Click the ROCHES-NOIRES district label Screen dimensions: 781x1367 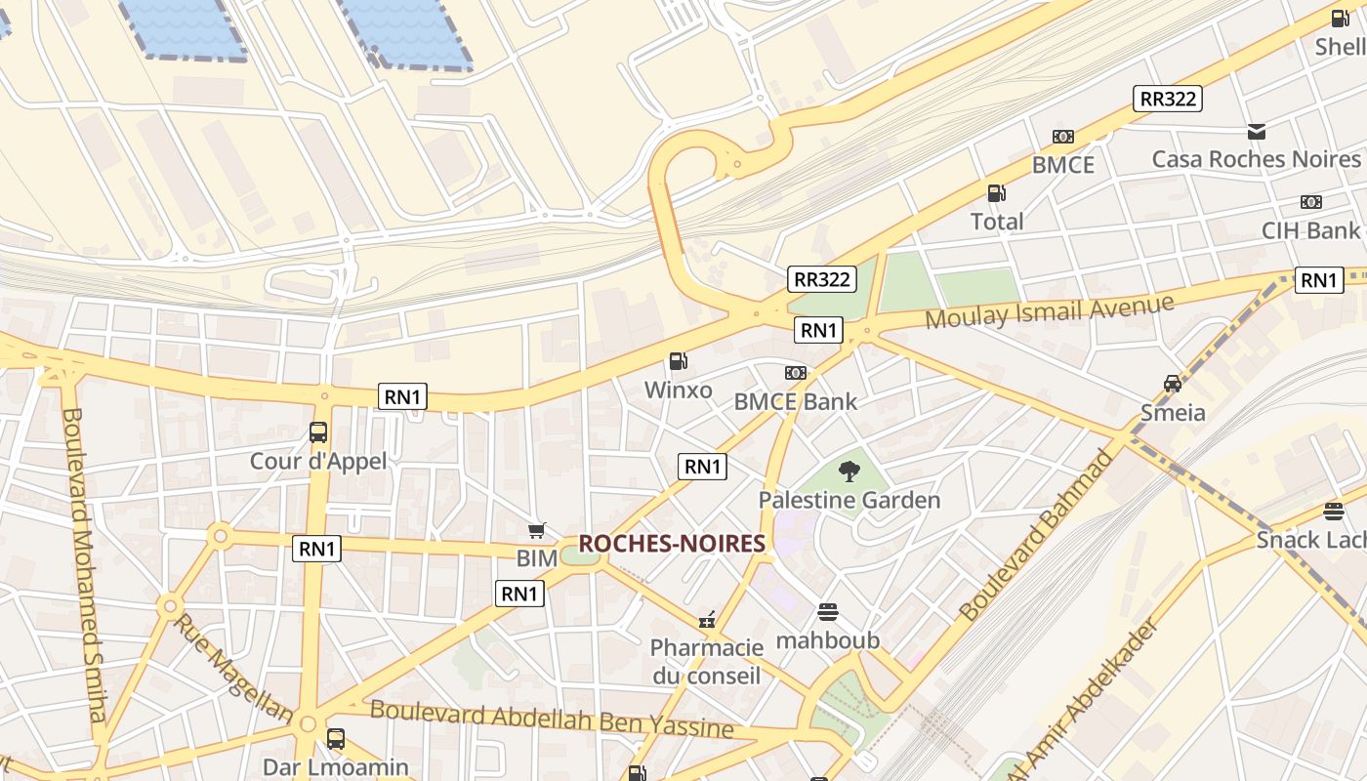(672, 544)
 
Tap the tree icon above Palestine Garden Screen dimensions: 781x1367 (849, 472)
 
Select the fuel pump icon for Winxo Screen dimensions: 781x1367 (679, 361)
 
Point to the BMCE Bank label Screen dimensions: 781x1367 (796, 401)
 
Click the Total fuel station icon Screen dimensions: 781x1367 (996, 193)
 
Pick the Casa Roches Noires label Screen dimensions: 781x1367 (1256, 159)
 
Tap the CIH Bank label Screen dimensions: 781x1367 (1310, 231)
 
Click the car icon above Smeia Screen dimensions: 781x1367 (1173, 383)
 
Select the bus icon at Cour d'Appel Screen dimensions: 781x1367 (318, 432)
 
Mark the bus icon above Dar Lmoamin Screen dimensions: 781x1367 (336, 738)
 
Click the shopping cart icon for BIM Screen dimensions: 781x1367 (536, 530)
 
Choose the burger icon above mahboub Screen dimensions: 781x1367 (828, 612)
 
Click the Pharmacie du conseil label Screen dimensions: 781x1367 (707, 661)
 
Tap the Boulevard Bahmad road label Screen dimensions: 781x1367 (1036, 536)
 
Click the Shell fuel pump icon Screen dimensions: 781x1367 (1340, 18)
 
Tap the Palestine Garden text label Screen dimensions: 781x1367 (849, 500)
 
